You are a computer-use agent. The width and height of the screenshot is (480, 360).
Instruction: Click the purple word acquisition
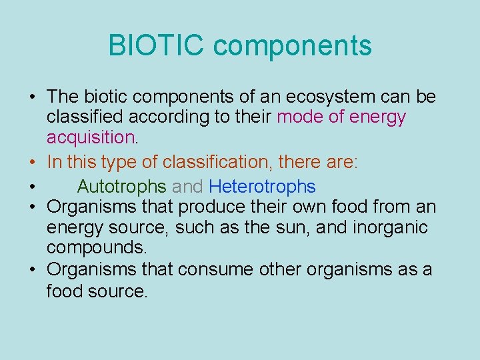click(x=91, y=138)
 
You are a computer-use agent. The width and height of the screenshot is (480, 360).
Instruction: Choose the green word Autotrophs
click(x=121, y=186)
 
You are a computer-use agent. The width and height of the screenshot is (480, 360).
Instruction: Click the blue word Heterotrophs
click(x=262, y=186)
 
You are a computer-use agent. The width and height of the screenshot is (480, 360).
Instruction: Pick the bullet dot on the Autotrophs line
click(x=32, y=187)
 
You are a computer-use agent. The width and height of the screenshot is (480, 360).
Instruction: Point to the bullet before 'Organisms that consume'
click(x=32, y=271)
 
